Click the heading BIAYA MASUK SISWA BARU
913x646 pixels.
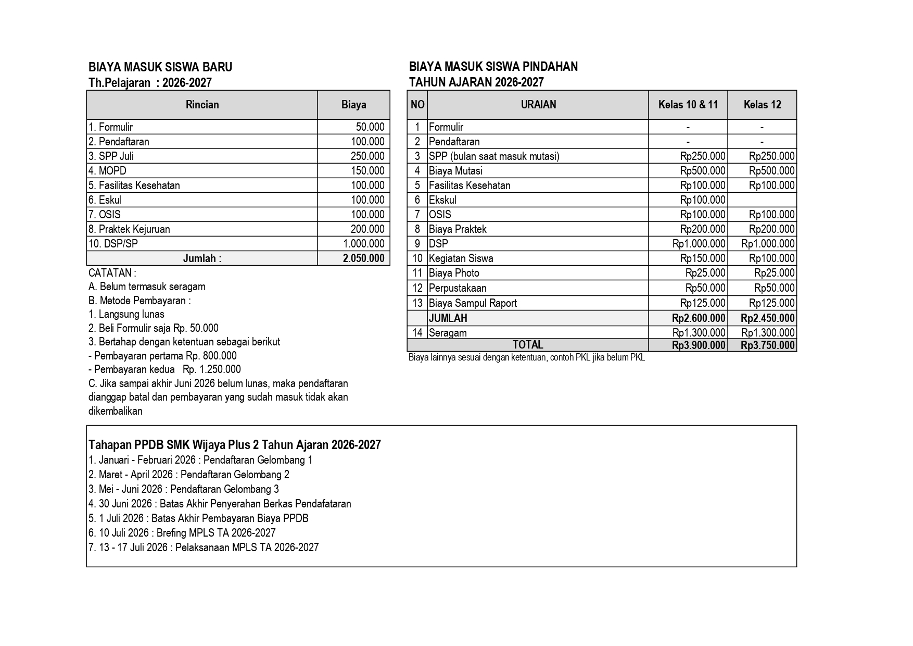coord(160,67)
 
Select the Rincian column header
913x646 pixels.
coord(202,105)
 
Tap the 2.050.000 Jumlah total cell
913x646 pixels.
coord(363,258)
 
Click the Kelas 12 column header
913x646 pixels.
coord(762,105)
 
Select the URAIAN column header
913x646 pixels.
coord(538,105)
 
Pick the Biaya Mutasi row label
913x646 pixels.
coord(455,171)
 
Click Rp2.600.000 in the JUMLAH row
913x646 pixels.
coord(699,318)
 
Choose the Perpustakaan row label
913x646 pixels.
coord(458,288)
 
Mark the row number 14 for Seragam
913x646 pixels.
coord(417,333)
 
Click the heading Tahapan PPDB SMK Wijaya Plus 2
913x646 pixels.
coord(235,445)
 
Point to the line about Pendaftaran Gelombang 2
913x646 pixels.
coord(189,475)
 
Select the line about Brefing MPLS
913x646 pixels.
coord(182,533)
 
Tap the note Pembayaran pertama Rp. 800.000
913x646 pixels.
coord(162,356)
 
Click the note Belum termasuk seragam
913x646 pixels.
coord(147,287)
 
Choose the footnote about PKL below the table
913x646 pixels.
coord(526,358)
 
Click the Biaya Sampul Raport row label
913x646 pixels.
coord(473,303)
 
